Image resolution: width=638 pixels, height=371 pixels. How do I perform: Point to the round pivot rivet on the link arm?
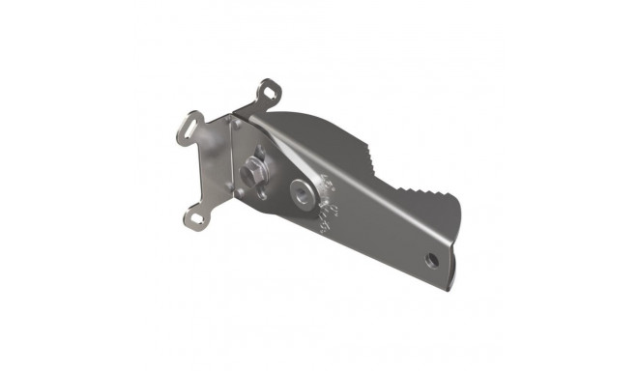coord(305,190)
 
